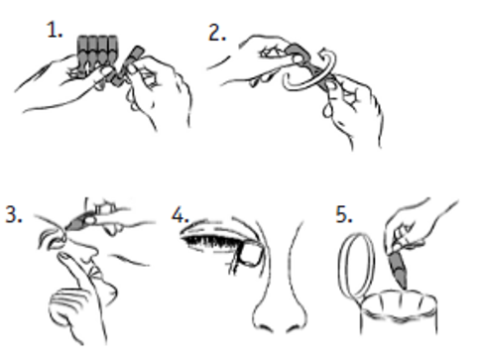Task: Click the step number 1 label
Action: [54, 30]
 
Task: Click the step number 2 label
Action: [217, 33]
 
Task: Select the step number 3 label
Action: [14, 214]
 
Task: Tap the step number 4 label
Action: [180, 215]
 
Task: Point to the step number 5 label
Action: [344, 214]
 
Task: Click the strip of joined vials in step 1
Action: [97, 51]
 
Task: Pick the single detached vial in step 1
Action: [128, 65]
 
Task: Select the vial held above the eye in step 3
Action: [80, 222]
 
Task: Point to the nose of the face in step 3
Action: [86, 251]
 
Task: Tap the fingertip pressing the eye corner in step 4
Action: [250, 254]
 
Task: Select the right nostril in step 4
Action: [294, 328]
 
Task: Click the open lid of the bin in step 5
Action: [357, 265]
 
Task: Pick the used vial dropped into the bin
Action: [399, 269]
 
